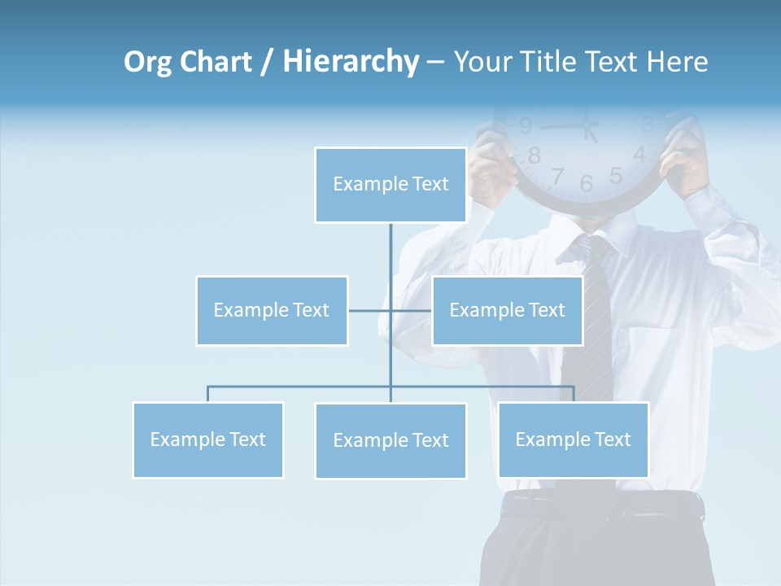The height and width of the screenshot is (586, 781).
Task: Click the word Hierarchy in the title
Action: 351,62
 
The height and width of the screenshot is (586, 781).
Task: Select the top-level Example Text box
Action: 390,185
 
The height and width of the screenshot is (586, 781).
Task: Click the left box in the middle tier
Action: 272,310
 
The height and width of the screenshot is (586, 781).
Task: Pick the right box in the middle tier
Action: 507,310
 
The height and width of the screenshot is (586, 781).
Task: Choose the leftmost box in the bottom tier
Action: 208,439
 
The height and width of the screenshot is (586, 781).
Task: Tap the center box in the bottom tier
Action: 390,440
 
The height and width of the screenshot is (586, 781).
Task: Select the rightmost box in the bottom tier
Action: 574,439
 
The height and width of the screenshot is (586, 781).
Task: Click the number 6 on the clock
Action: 587,184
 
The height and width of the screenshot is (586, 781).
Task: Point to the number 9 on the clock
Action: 525,126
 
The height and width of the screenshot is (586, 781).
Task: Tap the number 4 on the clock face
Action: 639,154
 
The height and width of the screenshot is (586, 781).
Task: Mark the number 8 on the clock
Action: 534,155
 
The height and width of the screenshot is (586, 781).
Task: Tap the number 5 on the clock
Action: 616,175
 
